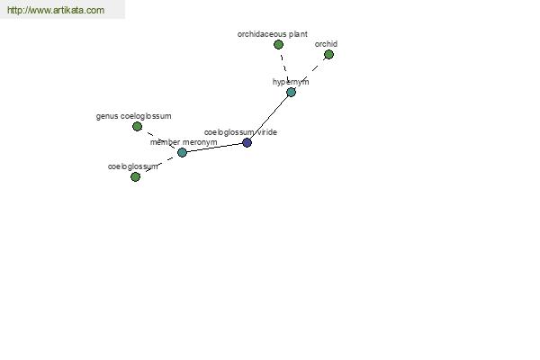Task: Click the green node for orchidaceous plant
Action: [x=278, y=44]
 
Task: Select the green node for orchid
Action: [x=328, y=54]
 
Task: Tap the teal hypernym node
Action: [x=291, y=92]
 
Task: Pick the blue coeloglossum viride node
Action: [x=247, y=142]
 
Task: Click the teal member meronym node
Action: [x=182, y=152]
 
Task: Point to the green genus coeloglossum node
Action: [x=137, y=126]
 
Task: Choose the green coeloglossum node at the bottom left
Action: [x=135, y=176]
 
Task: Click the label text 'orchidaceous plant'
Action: [x=273, y=34]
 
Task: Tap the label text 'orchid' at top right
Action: [x=326, y=44]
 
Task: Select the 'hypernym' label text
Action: [x=291, y=82]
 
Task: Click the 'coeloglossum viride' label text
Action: [x=240, y=132]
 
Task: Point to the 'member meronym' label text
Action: [x=184, y=142]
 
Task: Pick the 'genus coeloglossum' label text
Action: [x=133, y=116]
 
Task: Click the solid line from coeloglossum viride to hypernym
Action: [x=269, y=117]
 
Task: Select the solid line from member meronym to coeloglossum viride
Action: [x=214, y=148]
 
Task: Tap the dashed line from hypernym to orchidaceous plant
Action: [x=284, y=68]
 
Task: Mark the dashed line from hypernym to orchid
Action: [x=310, y=73]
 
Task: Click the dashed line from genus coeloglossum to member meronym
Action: [x=159, y=139]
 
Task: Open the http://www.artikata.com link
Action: [x=56, y=10]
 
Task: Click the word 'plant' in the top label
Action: [x=298, y=34]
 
